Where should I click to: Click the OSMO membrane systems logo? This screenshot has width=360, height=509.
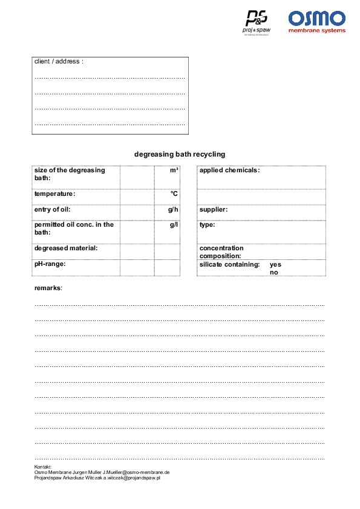tap(316, 21)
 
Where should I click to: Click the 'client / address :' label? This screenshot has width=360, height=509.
tap(59, 62)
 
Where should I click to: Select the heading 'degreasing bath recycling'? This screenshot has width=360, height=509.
tap(180, 154)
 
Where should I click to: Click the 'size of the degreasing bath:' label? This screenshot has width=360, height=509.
tap(70, 174)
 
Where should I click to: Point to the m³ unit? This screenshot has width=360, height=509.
tap(174, 170)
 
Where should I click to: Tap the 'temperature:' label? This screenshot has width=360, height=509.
tap(55, 194)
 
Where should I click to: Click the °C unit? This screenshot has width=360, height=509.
tap(174, 194)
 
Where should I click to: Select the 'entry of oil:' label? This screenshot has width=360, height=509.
tap(53, 210)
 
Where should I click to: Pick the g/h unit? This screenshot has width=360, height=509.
tap(173, 210)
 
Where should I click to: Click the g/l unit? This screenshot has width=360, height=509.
tap(174, 225)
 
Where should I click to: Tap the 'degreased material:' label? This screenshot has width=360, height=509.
tap(66, 248)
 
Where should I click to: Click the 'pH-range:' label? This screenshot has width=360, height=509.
tap(50, 264)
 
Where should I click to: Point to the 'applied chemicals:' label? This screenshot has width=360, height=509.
tap(229, 170)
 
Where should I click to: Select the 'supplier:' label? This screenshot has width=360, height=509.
tap(214, 210)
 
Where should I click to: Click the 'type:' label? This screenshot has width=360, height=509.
tap(207, 225)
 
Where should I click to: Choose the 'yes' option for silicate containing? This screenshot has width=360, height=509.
tap(275, 265)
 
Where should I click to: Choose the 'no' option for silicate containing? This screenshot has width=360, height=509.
tap(274, 273)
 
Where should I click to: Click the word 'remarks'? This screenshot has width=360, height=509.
tap(48, 288)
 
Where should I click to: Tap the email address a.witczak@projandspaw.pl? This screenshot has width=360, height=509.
tap(131, 478)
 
